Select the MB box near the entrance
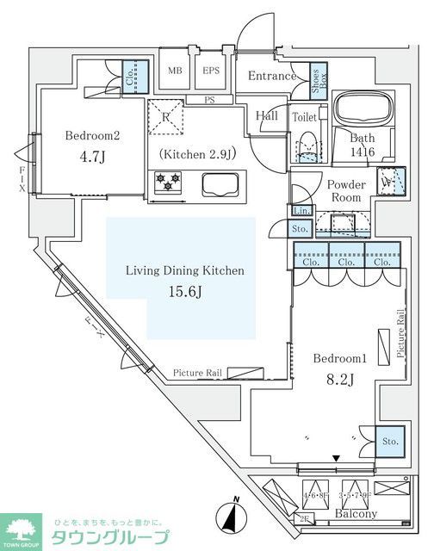click(x=175, y=71)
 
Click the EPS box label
click(x=211, y=71)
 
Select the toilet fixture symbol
click(x=306, y=148)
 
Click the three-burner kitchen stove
click(x=167, y=183)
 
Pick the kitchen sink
click(x=222, y=183)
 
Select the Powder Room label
click(x=346, y=191)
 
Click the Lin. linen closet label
click(x=301, y=211)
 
